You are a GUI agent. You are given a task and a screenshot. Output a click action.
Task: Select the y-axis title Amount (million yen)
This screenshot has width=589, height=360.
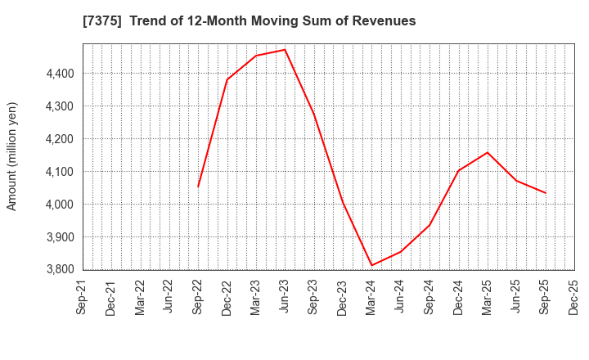pos(12,156)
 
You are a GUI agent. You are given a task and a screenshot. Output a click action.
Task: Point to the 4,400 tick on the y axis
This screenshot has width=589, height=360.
pos(58,74)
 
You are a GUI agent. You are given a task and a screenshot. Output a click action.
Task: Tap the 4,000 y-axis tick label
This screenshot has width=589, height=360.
pos(58,205)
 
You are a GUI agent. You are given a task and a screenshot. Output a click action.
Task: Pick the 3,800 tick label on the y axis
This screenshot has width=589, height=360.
pos(58,269)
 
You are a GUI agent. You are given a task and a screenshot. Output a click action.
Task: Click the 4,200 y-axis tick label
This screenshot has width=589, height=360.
pos(58,139)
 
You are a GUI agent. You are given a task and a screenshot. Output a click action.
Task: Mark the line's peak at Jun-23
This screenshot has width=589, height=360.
pos(285,50)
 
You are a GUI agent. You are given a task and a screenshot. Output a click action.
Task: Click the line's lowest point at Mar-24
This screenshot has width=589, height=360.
pos(372,265)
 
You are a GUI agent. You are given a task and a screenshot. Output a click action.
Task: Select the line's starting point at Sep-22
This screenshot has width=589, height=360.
pos(198,187)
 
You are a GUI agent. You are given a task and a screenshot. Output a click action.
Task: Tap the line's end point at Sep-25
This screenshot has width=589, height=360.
pos(546,193)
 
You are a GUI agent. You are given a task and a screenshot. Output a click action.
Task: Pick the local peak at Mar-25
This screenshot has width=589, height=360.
pos(488,152)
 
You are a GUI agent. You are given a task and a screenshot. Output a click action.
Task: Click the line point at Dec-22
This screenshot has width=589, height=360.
pos(227,80)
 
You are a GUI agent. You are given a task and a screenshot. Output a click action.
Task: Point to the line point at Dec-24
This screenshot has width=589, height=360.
pos(459,171)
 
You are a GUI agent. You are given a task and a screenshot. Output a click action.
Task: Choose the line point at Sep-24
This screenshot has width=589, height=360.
pos(429,225)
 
